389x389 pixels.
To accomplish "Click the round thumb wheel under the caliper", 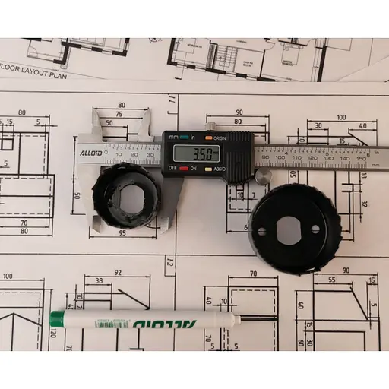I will (x=262, y=176).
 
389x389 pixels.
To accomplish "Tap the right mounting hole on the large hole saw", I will (x=315, y=229).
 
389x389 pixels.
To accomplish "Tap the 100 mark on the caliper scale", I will (x=280, y=157).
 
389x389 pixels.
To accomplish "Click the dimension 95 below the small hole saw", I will (x=122, y=234).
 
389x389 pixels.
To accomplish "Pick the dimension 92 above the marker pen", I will (x=117, y=271).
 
